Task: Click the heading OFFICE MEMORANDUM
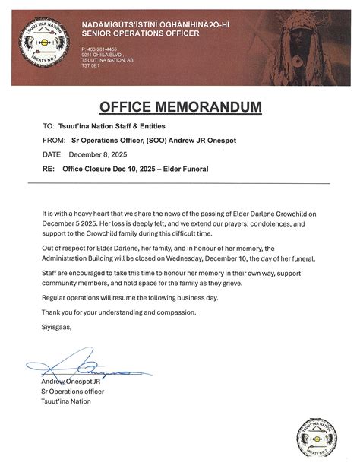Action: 179,106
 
